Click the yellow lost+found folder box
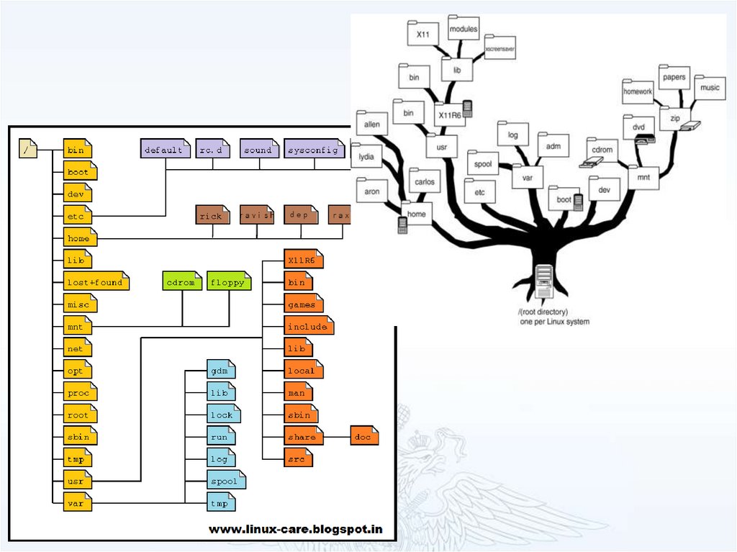[x=96, y=282]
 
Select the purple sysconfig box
[x=314, y=150]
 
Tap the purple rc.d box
[x=212, y=150]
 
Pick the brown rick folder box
[x=212, y=215]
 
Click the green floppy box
[x=229, y=282]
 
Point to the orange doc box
[x=363, y=437]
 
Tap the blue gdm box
[x=221, y=371]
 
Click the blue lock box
[x=222, y=415]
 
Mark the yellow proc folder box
[x=79, y=393]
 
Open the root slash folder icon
[x=27, y=150]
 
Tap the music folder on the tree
[x=709, y=87]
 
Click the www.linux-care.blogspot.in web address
[x=295, y=530]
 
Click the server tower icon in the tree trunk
[x=544, y=282]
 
